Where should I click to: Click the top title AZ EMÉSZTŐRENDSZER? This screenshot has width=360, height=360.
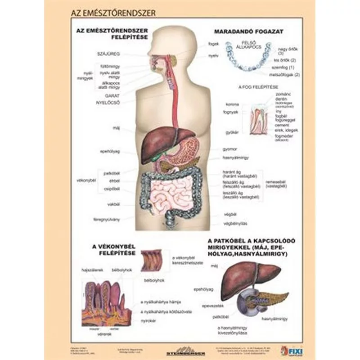[x=113, y=13]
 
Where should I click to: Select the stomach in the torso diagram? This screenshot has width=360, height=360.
[x=189, y=151]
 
